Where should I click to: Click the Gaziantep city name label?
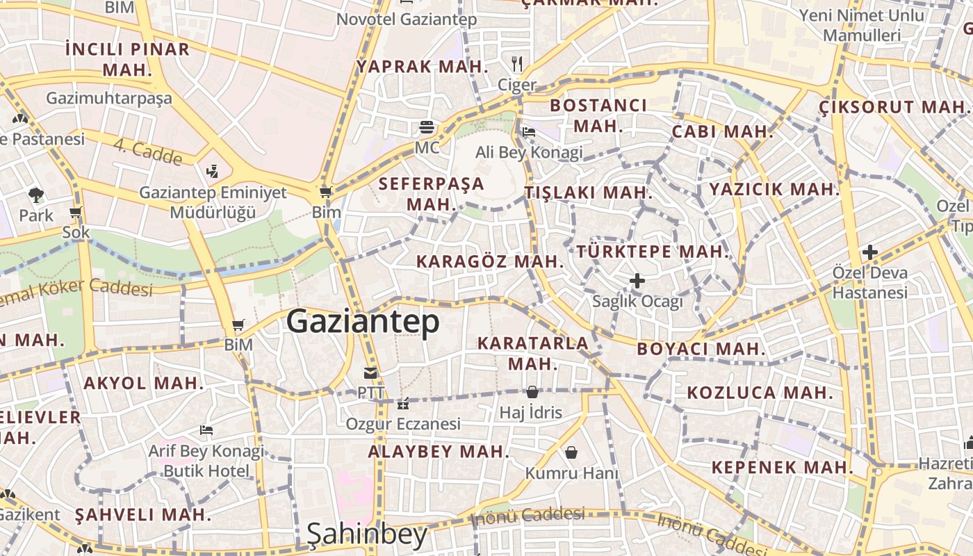tap(363, 322)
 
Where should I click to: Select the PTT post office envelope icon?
tap(370, 373)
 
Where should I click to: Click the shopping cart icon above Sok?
tap(76, 212)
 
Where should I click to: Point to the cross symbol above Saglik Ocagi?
tap(637, 281)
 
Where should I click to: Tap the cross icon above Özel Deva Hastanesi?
tap(869, 252)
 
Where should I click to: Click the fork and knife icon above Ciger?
tap(516, 64)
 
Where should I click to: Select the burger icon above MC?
tap(427, 127)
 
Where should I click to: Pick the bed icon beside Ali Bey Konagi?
tap(529, 131)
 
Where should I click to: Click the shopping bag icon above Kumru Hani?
tap(571, 452)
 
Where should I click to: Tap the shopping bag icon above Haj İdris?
tap(532, 392)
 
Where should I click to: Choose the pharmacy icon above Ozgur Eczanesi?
tap(402, 404)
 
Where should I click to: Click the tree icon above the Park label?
tap(35, 195)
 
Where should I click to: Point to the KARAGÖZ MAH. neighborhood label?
tap(490, 261)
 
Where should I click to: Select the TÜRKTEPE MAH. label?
tap(653, 252)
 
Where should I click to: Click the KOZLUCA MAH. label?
tap(760, 393)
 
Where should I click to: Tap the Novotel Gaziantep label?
tap(407, 19)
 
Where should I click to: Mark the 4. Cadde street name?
tap(148, 152)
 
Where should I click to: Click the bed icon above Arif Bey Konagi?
tap(206, 430)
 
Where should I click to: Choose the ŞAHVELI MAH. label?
tap(142, 515)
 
